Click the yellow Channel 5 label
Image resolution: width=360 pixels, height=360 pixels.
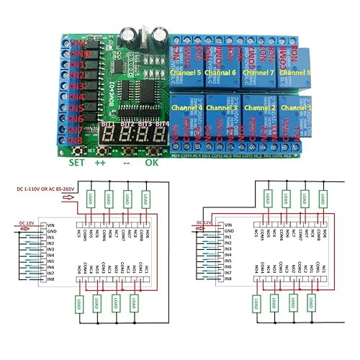pyautogui.click(x=186, y=73)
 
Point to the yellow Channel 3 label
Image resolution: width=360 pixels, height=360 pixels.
pyautogui.click(x=222, y=107)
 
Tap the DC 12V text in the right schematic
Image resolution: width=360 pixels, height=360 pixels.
pyautogui.click(x=209, y=223)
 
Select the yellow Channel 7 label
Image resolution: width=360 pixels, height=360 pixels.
pyautogui.click(x=258, y=73)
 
